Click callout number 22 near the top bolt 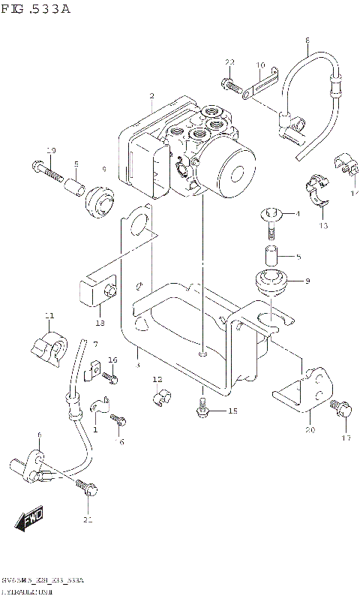click(x=229, y=62)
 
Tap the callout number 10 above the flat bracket click(x=260, y=66)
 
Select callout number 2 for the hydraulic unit click(x=152, y=96)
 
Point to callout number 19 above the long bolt click(x=51, y=151)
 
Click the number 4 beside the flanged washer click(x=298, y=215)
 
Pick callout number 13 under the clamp click(x=323, y=225)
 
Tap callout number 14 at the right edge click(x=352, y=194)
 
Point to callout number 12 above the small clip click(x=157, y=378)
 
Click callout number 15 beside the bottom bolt click(x=232, y=411)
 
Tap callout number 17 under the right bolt click(x=346, y=438)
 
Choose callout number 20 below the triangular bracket click(x=309, y=430)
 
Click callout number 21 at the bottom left click(x=88, y=520)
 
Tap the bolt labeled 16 click(x=112, y=378)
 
